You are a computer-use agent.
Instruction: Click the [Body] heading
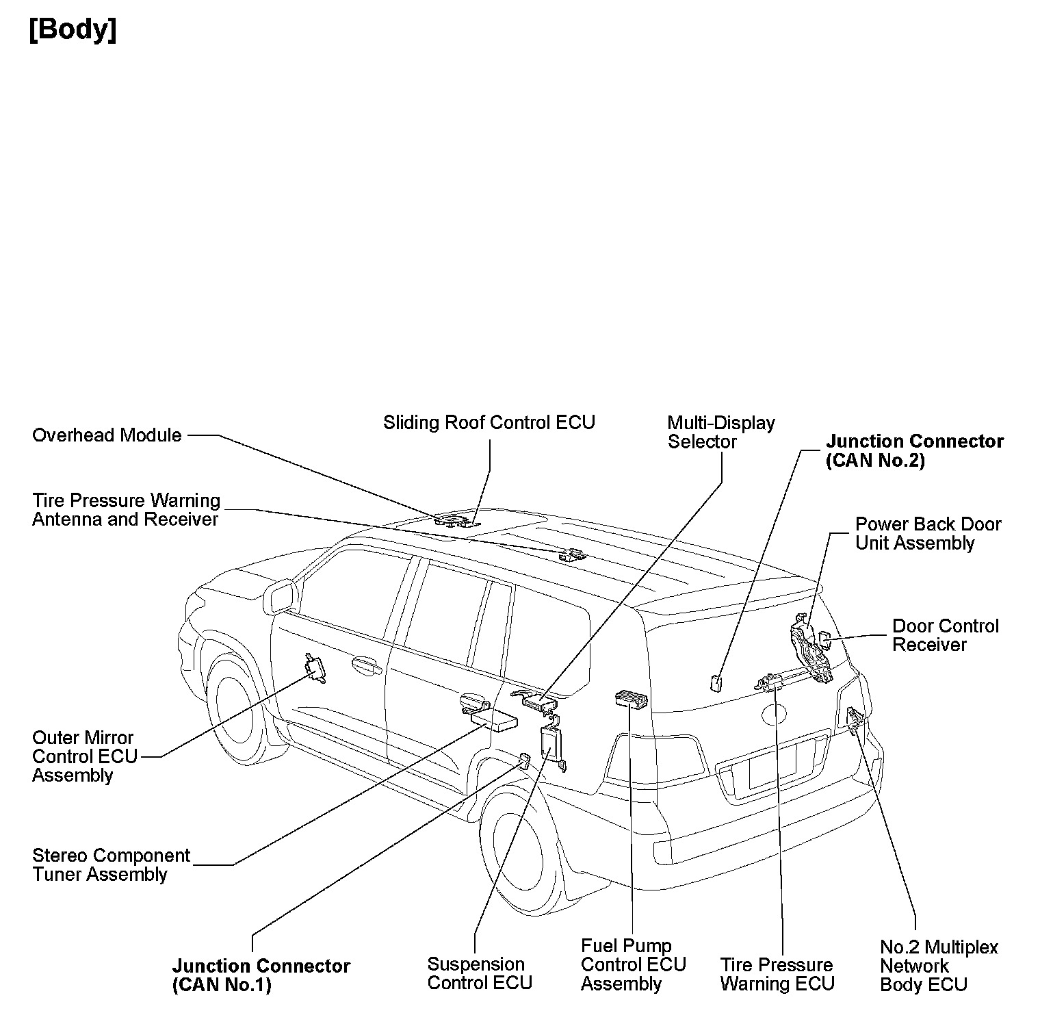[x=73, y=31]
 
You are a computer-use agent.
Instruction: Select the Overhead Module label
[x=107, y=435]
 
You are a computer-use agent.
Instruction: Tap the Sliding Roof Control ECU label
[x=489, y=422]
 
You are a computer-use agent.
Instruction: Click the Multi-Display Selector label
[x=720, y=432]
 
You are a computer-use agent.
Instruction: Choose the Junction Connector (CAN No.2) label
[x=914, y=450]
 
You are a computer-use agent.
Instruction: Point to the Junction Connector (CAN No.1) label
[x=261, y=975]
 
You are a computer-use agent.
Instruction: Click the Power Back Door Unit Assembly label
[x=928, y=533]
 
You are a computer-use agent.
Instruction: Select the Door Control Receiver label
[x=945, y=635]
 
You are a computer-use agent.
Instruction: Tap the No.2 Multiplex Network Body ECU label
[x=938, y=966]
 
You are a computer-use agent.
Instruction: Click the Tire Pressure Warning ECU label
[x=777, y=974]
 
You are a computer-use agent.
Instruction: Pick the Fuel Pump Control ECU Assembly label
[x=633, y=964]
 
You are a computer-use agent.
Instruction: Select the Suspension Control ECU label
[x=479, y=973]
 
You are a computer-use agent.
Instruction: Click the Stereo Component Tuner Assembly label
[x=111, y=864]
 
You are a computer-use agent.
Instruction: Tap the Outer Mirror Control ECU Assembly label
[x=85, y=756]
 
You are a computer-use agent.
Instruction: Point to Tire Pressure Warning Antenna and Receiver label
[x=126, y=510]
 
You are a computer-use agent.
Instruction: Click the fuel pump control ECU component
[x=631, y=699]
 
